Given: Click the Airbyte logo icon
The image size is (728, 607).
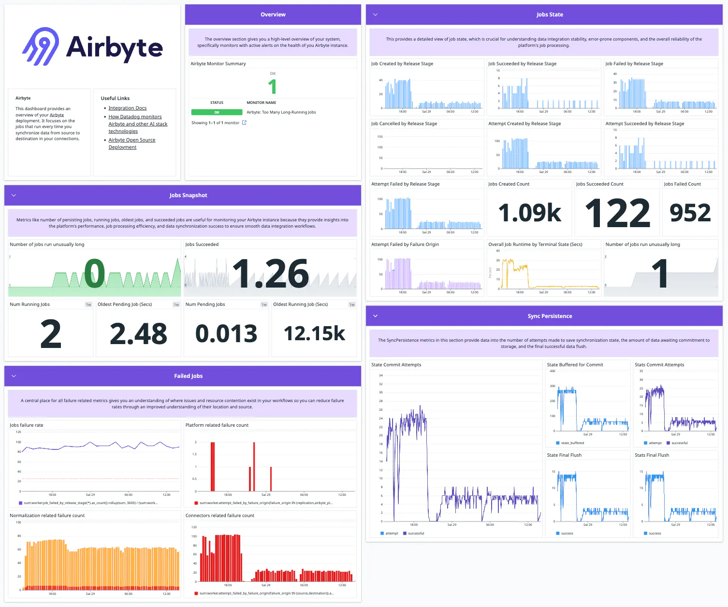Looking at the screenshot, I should coord(41,46).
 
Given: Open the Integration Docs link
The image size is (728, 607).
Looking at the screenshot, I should coord(127,108).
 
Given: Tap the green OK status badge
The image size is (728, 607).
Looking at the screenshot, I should coord(217,112).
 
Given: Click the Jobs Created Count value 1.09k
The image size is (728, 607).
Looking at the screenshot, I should coord(529,213).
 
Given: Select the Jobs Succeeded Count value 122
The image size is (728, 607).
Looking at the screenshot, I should coord(617,213).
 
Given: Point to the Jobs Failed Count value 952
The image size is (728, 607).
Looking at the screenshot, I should coord(690,213).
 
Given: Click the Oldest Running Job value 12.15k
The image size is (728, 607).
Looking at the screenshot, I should coord(314,333).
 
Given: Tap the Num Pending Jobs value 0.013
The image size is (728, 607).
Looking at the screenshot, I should coord(226,333).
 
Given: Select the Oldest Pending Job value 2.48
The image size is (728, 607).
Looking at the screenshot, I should coord(138,333).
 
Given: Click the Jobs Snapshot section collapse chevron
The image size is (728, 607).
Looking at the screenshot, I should coord(14,195).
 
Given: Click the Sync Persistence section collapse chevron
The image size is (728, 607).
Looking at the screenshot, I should coord(375,316).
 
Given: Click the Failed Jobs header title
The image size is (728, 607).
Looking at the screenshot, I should coord(188,376).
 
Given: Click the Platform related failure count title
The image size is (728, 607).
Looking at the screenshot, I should coord(217,425).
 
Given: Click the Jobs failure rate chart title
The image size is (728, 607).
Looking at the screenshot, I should coord(27,425).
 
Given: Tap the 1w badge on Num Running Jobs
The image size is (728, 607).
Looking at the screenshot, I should coord(88,304).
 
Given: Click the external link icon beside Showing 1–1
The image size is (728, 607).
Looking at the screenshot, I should coord(244,123).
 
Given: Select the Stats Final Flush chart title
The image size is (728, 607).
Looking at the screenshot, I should coord(652,455).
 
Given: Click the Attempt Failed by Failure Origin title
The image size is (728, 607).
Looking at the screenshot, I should coord(405,245).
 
